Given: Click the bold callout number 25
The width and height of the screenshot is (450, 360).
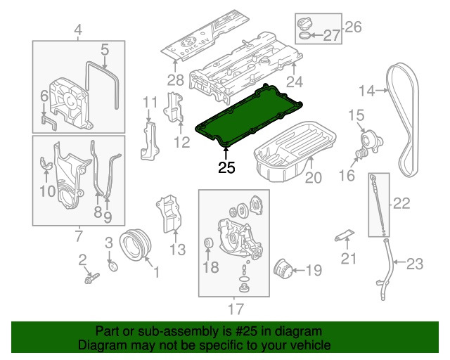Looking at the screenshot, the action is pos(226,167).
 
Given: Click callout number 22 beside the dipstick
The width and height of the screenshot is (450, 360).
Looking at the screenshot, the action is pos(401,204).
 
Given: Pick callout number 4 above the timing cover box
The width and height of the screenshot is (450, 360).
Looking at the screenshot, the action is pos(78,30).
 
